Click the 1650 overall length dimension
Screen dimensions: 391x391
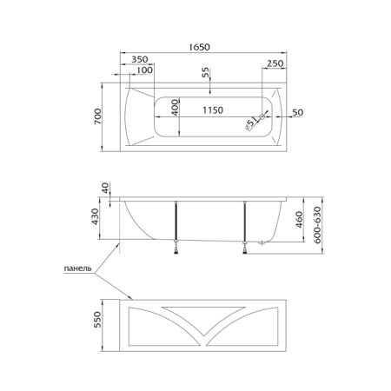[x=199, y=47]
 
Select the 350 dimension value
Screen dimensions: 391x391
[x=140, y=59]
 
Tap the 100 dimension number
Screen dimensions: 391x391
[x=144, y=70]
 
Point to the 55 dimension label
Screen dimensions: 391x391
[x=205, y=72]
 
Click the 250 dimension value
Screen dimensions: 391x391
[x=275, y=63]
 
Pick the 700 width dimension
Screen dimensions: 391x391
[x=98, y=116]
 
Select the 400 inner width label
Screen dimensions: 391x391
[x=176, y=108]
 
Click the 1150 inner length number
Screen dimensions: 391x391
[x=213, y=110]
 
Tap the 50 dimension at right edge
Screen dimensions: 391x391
[x=297, y=112]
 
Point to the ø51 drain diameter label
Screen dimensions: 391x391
[x=251, y=123]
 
